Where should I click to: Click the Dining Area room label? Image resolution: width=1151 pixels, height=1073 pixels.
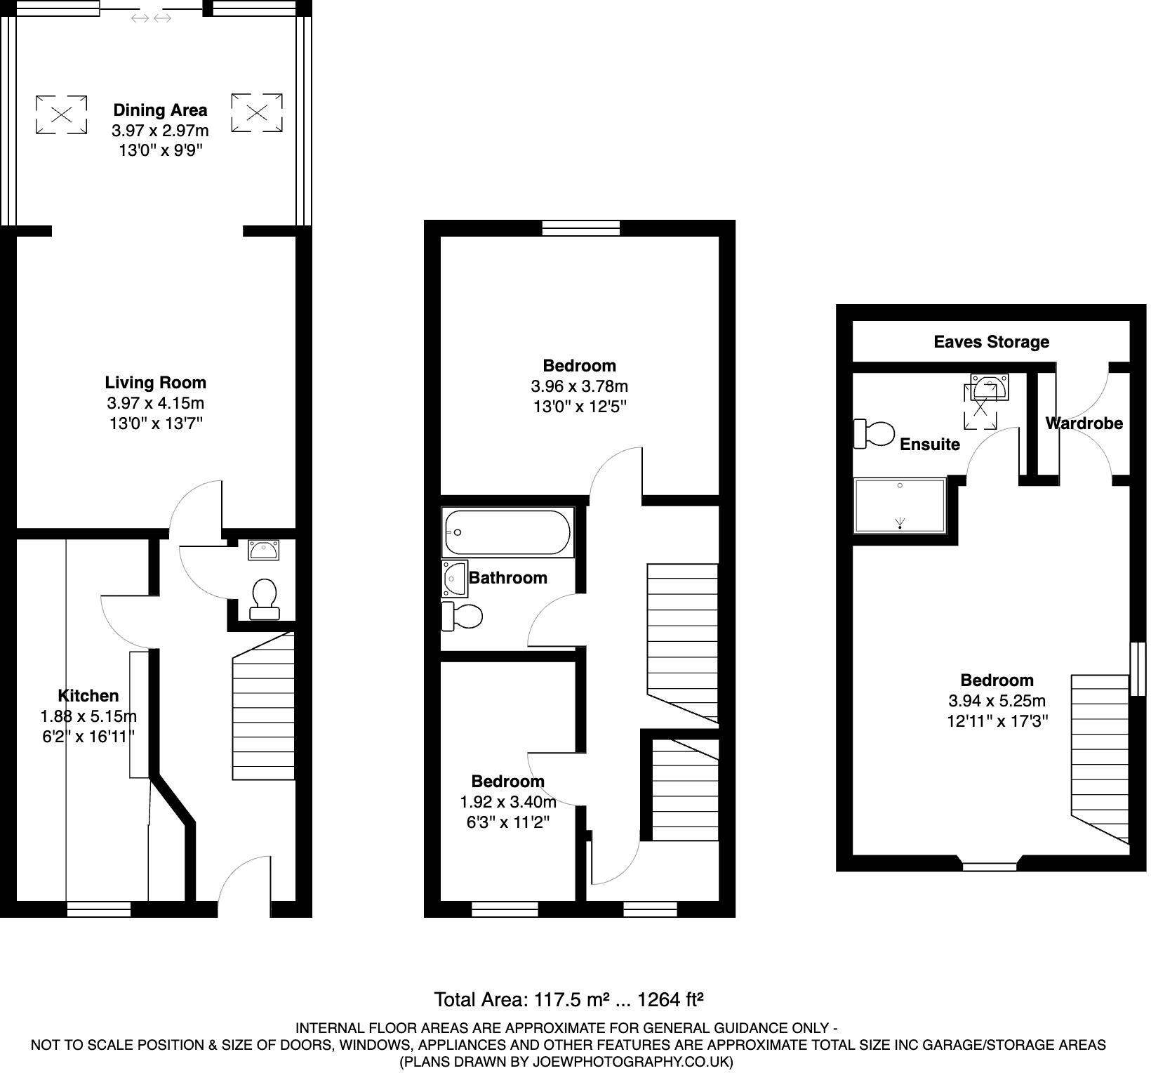point(160,110)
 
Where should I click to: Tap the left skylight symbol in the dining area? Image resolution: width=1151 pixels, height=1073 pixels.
point(62,114)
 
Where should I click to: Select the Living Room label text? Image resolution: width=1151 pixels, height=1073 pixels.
point(155,383)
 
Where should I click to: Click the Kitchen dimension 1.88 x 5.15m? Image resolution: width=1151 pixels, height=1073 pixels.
point(88,716)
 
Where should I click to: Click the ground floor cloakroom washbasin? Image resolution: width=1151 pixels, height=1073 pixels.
point(263,550)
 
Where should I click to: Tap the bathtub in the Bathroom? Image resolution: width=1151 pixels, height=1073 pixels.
point(507,533)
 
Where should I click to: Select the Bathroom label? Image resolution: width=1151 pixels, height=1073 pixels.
point(507,578)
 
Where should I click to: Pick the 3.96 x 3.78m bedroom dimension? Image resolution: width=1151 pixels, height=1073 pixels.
point(579,386)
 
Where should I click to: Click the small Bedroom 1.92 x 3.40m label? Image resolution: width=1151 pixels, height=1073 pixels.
point(507,782)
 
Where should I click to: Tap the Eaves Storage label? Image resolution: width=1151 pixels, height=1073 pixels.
point(991,342)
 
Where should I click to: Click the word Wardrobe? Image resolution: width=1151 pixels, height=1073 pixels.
point(1084,423)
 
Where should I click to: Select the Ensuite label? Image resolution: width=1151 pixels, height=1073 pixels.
point(929,445)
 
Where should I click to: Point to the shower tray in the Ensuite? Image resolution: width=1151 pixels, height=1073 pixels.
point(900,506)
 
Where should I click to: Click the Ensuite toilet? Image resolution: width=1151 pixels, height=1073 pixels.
point(873,433)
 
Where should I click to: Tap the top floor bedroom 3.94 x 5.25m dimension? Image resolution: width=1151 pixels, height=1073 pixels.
point(997,701)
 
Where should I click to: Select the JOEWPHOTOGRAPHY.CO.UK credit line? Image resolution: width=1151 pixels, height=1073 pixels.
point(567,1062)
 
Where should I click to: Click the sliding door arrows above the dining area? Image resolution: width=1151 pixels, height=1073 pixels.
point(152,18)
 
